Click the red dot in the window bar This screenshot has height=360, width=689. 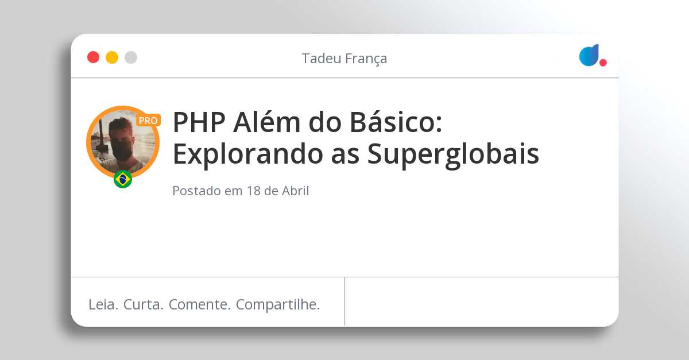click(x=93, y=57)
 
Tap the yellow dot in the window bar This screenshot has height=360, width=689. click(x=112, y=57)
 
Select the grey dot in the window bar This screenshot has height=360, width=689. click(x=131, y=57)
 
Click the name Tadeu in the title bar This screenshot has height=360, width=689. click(x=319, y=59)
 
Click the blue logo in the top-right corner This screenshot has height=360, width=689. click(x=589, y=55)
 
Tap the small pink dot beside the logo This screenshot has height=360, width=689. click(x=603, y=63)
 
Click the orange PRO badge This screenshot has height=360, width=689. click(x=148, y=121)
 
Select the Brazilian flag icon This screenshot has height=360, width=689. click(x=123, y=179)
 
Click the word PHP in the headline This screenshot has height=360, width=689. click(x=194, y=122)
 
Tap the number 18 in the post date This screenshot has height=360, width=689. click(x=253, y=191)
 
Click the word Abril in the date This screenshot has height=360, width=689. click(x=295, y=191)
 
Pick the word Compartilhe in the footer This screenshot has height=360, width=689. click(x=278, y=304)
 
